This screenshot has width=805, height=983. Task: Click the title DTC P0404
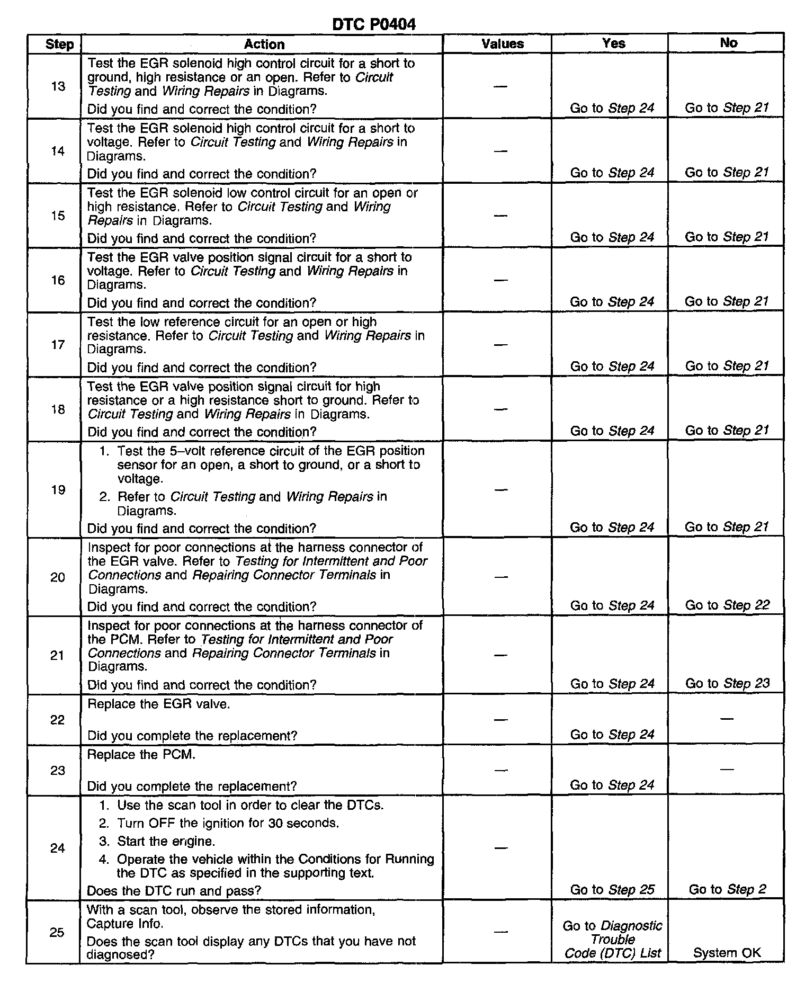[x=374, y=24]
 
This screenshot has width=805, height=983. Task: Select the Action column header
[x=264, y=44]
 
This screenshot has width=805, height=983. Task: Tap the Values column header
[x=503, y=44]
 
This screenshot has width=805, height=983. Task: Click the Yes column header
[x=614, y=43]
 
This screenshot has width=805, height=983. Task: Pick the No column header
[x=729, y=43]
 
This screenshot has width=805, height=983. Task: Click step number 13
[x=58, y=86]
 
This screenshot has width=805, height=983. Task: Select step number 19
[x=58, y=490]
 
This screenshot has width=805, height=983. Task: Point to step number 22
[x=57, y=720]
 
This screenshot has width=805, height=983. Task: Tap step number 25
[x=57, y=932]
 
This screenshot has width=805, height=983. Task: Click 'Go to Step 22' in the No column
[x=727, y=605]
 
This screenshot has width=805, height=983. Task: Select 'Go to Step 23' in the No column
[x=727, y=684]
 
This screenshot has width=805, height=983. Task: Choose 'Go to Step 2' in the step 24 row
[x=727, y=889]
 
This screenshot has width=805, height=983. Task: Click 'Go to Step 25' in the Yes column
[x=612, y=889]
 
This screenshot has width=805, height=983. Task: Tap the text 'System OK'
[x=727, y=953]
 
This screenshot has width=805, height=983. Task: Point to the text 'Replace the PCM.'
[x=141, y=755]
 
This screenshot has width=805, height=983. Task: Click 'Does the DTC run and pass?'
[x=174, y=891]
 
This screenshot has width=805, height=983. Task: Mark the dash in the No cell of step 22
[x=727, y=719]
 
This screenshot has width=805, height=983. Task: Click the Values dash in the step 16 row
[x=501, y=280]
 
